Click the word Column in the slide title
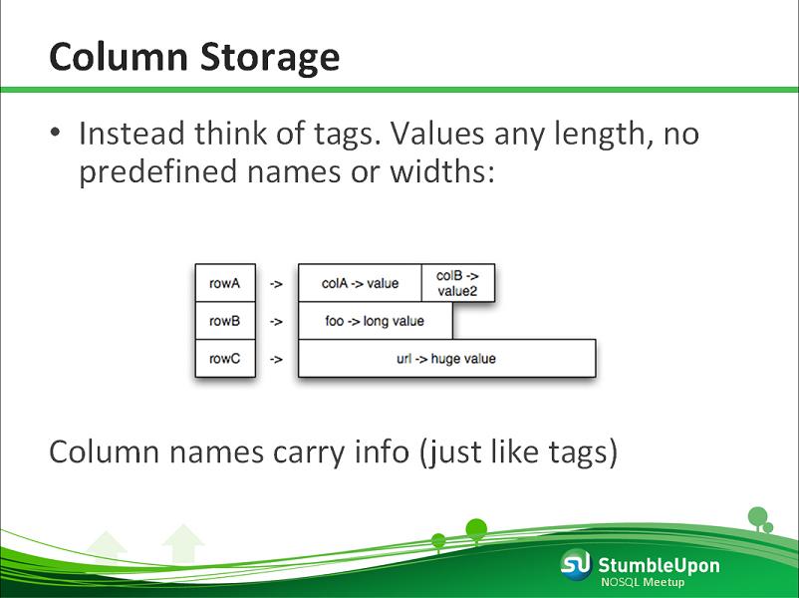click(119, 56)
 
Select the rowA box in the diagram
click(225, 283)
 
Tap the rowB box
click(225, 321)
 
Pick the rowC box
click(225, 359)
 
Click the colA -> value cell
click(360, 283)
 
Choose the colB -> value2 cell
click(458, 283)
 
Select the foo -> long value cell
click(375, 321)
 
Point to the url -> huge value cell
click(447, 359)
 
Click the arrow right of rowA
click(276, 284)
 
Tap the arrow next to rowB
click(276, 322)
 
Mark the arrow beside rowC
click(276, 360)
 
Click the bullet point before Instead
click(55, 133)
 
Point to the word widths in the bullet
click(442, 170)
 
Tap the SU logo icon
click(576, 564)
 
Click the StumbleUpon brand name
click(659, 565)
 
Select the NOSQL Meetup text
click(643, 582)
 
